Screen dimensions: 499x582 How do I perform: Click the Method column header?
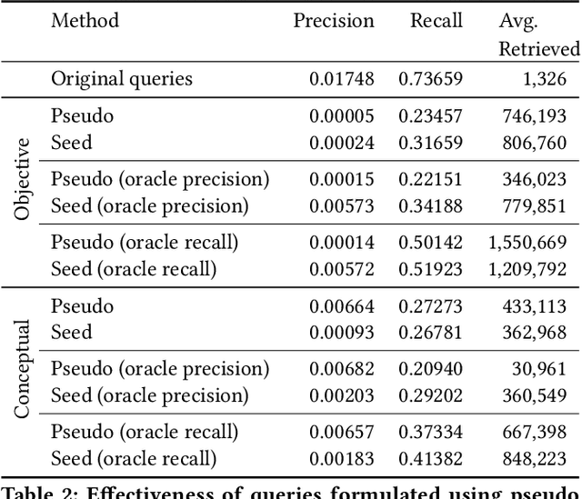pos(85,20)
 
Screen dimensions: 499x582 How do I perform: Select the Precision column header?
pos(333,20)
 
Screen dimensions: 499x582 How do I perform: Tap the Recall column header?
pos(436,20)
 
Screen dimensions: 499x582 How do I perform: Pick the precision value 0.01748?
pos(341,78)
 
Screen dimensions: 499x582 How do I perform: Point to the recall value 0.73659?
pos(430,78)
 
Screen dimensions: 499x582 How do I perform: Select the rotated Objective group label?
pos(24,180)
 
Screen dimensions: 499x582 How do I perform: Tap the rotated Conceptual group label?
pos(24,368)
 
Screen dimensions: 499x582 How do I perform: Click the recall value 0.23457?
pos(430,116)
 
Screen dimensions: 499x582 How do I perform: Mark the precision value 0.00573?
pos(341,206)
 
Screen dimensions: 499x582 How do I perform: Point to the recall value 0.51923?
pos(430,269)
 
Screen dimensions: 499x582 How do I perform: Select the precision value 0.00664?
pos(341,306)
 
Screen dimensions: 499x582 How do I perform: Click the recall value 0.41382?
pos(430,459)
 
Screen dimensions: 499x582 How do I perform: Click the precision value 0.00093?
pos(341,333)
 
